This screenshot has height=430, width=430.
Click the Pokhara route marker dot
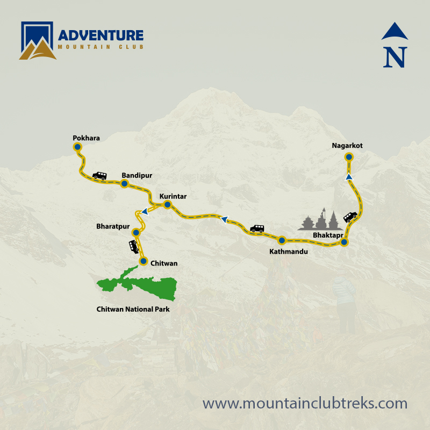click(77, 146)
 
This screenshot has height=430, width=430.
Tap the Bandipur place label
click(137, 175)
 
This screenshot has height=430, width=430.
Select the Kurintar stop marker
click(167, 205)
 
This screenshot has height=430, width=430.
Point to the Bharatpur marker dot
click(136, 232)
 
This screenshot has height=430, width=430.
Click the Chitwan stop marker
click(143, 261)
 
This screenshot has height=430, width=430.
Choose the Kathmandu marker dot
click(281, 240)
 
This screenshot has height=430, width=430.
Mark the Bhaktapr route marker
click(345, 243)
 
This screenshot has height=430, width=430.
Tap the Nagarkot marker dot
click(349, 156)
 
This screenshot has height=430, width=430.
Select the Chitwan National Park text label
click(137, 310)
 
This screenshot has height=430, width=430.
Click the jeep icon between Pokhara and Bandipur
click(99, 175)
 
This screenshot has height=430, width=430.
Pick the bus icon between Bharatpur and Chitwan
click(133, 246)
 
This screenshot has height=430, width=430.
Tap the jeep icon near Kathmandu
click(257, 228)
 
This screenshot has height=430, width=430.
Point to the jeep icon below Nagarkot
click(350, 217)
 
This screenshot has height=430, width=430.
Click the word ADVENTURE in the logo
click(101, 35)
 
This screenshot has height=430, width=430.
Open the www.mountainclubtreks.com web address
click(305, 403)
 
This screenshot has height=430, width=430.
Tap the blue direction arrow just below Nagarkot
click(349, 176)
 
